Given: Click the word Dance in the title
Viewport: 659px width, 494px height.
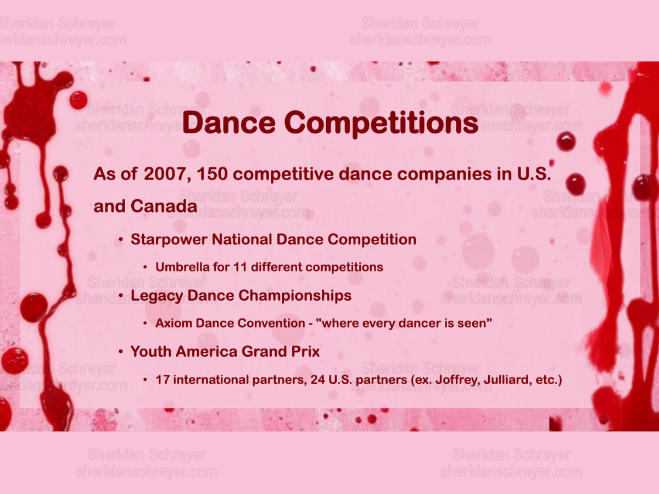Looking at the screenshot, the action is coord(229,122).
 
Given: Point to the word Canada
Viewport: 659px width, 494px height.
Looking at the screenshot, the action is coord(164,206).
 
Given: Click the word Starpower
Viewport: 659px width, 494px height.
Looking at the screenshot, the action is coord(169,240).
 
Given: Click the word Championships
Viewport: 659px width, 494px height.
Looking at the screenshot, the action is coord(295,296).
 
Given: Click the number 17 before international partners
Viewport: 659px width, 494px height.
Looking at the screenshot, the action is coord(163,380).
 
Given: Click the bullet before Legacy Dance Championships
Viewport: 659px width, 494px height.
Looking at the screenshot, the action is coord(121,295).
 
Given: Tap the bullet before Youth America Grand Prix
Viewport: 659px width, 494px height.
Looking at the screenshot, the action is coord(121,351).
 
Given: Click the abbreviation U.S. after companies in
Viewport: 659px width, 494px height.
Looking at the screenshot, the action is coord(533,174).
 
